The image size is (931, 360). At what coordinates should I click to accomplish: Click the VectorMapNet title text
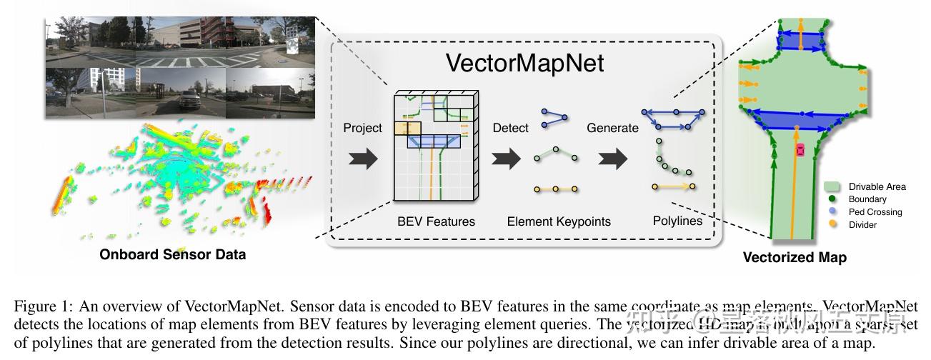(x=525, y=63)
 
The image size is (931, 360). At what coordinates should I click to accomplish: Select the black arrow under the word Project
(x=362, y=159)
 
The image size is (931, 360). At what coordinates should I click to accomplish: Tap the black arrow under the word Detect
(x=507, y=159)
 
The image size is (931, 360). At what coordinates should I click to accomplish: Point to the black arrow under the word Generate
(x=612, y=159)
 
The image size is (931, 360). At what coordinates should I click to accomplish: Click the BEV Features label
(x=436, y=221)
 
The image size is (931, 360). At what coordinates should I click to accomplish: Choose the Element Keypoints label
(x=559, y=221)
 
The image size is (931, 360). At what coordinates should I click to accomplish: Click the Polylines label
(x=677, y=221)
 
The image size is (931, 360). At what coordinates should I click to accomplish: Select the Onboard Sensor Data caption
(x=172, y=254)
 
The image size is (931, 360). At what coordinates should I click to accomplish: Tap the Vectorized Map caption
(x=795, y=258)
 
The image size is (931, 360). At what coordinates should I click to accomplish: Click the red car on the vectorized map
(x=800, y=150)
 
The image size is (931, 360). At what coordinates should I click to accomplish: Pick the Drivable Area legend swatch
(x=832, y=187)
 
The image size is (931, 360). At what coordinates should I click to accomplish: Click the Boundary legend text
(x=867, y=199)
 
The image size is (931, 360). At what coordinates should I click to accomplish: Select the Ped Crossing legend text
(x=875, y=212)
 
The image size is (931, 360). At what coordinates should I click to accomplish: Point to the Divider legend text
(x=862, y=225)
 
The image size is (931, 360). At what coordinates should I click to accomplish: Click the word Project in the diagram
(x=363, y=129)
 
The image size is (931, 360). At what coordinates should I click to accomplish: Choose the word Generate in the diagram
(x=612, y=129)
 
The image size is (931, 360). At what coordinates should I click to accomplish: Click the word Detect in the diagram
(x=511, y=129)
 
